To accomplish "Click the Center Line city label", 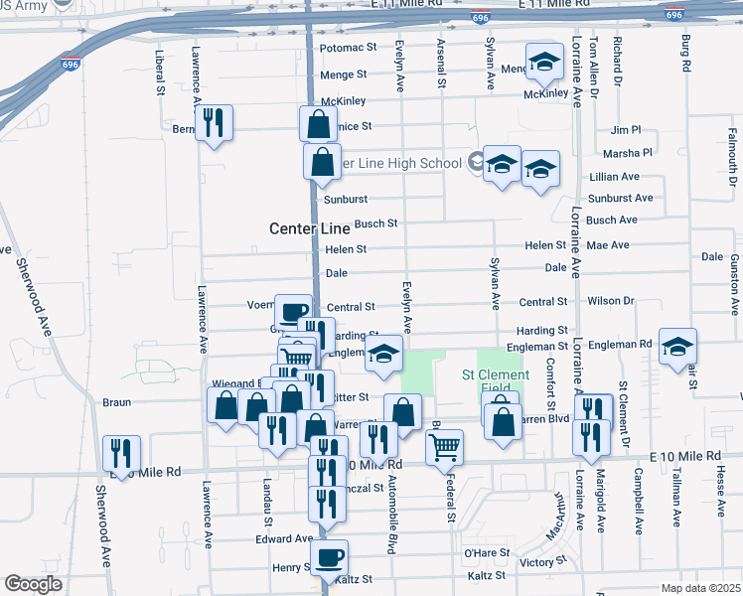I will click(x=310, y=228).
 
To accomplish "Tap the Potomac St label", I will click(x=349, y=47).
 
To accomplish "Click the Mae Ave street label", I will click(x=608, y=245).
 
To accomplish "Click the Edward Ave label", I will click(x=284, y=538).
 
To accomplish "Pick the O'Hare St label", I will click(x=487, y=552).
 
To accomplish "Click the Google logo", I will click(x=33, y=584).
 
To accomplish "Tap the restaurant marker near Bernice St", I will click(x=214, y=123).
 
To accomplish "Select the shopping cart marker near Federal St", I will click(x=444, y=446).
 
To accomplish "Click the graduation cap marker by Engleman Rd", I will click(x=677, y=347).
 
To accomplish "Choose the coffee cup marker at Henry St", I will click(x=329, y=557).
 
